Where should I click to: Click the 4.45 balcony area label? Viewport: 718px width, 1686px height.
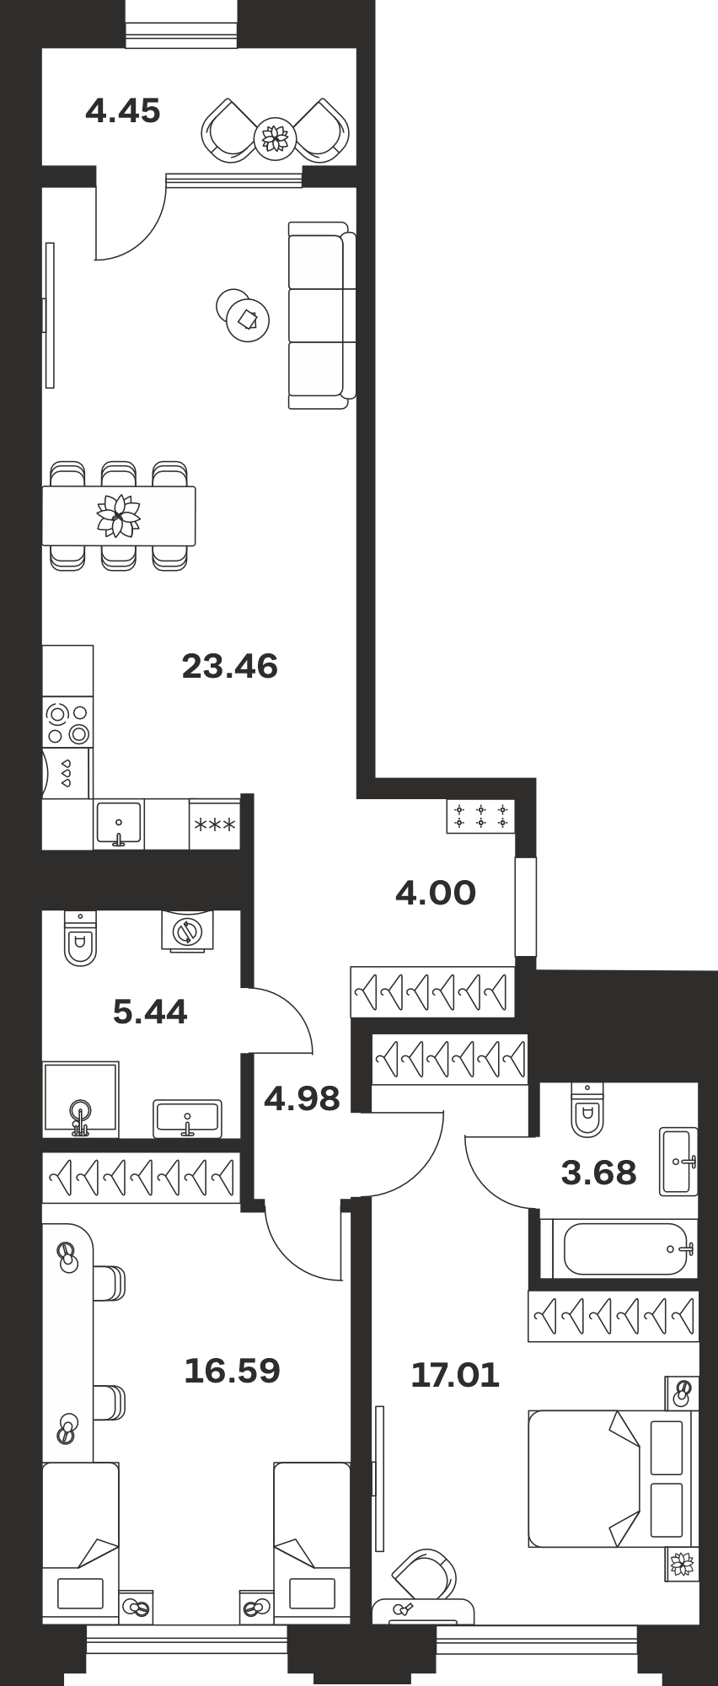123,111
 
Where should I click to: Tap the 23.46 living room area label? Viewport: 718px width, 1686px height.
230,667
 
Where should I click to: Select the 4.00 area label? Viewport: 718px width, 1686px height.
436,893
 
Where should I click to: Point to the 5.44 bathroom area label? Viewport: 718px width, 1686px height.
150,1011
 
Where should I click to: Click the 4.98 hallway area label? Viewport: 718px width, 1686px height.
302,1098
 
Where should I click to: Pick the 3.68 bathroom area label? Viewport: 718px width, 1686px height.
598,1173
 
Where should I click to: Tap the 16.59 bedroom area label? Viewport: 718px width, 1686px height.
232,1371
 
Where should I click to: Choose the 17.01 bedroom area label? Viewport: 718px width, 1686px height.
455,1376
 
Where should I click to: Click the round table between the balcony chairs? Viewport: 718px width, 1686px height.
275,137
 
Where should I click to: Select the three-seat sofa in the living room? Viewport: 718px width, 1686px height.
322,315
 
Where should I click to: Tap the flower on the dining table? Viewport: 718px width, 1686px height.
118,516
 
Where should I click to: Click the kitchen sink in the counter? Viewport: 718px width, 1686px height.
119,824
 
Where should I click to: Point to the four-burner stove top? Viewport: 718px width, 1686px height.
68,724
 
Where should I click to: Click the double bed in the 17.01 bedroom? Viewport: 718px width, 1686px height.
610,1479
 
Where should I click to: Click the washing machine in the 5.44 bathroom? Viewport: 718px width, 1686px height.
187,931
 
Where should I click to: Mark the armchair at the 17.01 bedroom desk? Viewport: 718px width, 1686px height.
422,1574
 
